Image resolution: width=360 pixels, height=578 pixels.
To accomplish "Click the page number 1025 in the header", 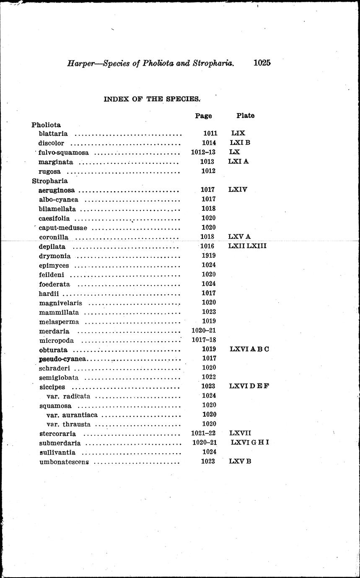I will [x=262, y=63].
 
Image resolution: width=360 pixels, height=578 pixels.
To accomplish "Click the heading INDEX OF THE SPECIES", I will [x=152, y=99].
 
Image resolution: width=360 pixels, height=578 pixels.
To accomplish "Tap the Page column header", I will [x=203, y=116].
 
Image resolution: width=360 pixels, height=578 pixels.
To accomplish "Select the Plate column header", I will [x=245, y=115].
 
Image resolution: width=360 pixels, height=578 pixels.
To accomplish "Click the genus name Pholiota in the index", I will [x=46, y=124].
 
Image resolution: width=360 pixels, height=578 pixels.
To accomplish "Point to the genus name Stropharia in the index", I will [x=49, y=181].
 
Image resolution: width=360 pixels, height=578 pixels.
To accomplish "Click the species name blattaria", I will [x=53, y=134].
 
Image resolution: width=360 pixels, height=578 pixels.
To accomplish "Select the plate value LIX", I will [x=238, y=133].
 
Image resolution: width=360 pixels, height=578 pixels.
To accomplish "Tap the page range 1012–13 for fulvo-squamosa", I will [x=203, y=152].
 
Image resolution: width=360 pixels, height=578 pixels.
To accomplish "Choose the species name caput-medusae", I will [x=63, y=228].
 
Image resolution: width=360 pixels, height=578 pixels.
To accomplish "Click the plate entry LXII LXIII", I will [x=247, y=246].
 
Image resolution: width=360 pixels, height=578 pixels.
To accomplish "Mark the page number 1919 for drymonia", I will [x=208, y=255].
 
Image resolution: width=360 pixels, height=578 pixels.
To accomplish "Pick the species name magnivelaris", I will [x=60, y=303].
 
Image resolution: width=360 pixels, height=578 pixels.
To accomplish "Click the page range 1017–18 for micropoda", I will [x=204, y=340].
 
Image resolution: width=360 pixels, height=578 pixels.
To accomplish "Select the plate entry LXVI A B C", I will [x=249, y=349].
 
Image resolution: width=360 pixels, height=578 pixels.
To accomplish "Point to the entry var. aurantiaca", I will [x=72, y=415].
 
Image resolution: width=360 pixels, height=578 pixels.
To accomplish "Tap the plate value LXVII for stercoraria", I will [x=240, y=433].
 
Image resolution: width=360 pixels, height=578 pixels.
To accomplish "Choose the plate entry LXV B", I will [x=240, y=461].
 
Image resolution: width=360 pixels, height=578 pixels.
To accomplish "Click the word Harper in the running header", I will [x=80, y=64].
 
